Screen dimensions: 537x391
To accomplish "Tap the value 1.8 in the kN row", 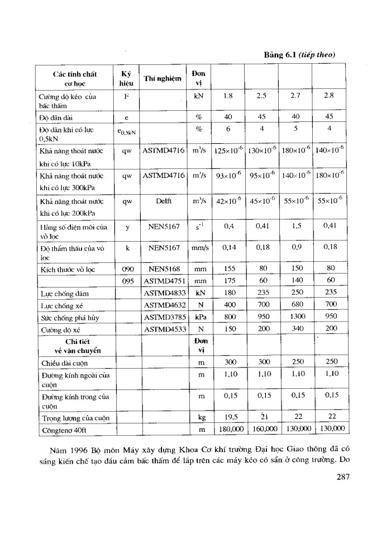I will [x=227, y=95].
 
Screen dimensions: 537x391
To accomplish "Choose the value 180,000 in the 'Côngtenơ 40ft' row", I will [x=227, y=430].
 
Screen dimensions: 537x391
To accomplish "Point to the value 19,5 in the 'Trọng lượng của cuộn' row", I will [x=227, y=418].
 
